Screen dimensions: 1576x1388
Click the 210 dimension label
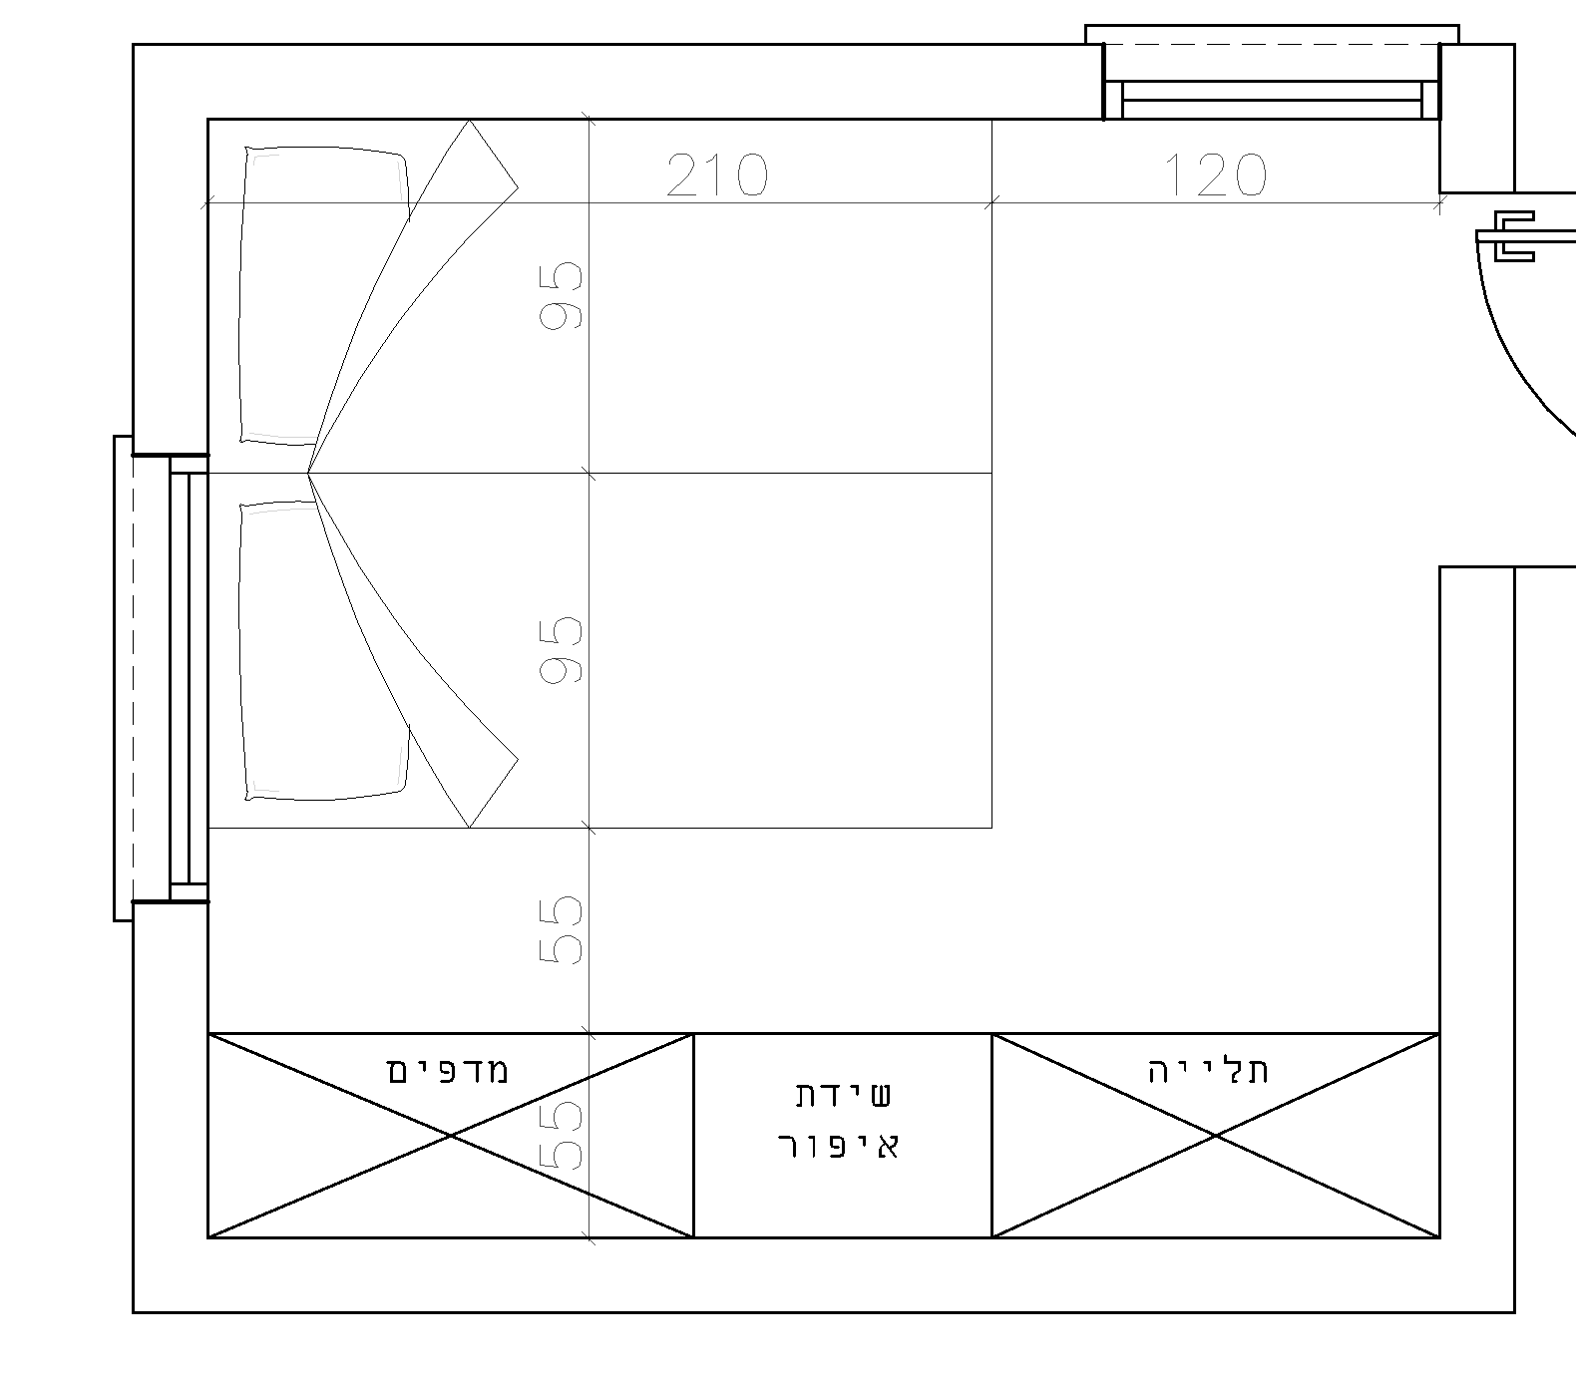pos(717,174)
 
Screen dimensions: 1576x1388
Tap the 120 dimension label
pos(1215,174)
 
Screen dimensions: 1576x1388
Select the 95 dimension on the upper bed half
pos(561,295)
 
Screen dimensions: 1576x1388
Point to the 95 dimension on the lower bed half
pos(561,649)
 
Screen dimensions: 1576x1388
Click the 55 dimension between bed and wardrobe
pos(561,929)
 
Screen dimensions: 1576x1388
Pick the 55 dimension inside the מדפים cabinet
pos(561,1136)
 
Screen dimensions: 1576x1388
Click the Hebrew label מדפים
pos(448,1071)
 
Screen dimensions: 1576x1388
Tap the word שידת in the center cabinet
pos(844,1095)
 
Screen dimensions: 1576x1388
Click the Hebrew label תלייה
pos(1209,1071)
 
